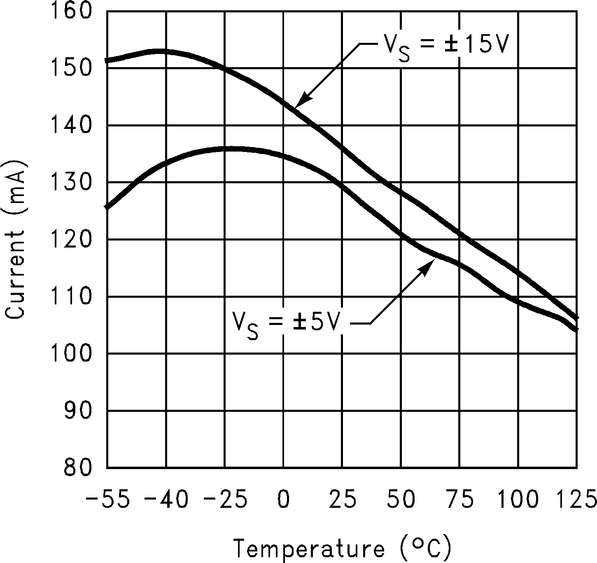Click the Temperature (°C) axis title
(x=343, y=548)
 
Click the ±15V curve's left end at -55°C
(x=108, y=61)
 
